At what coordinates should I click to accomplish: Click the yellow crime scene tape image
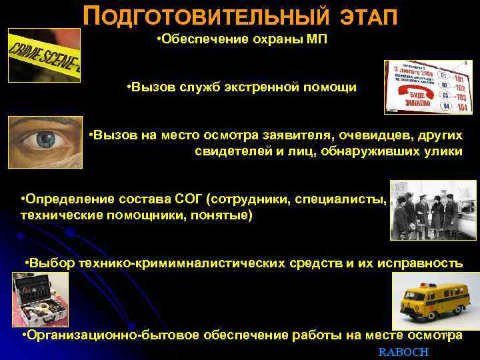tap(43, 55)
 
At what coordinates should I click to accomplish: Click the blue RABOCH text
tap(403, 351)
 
